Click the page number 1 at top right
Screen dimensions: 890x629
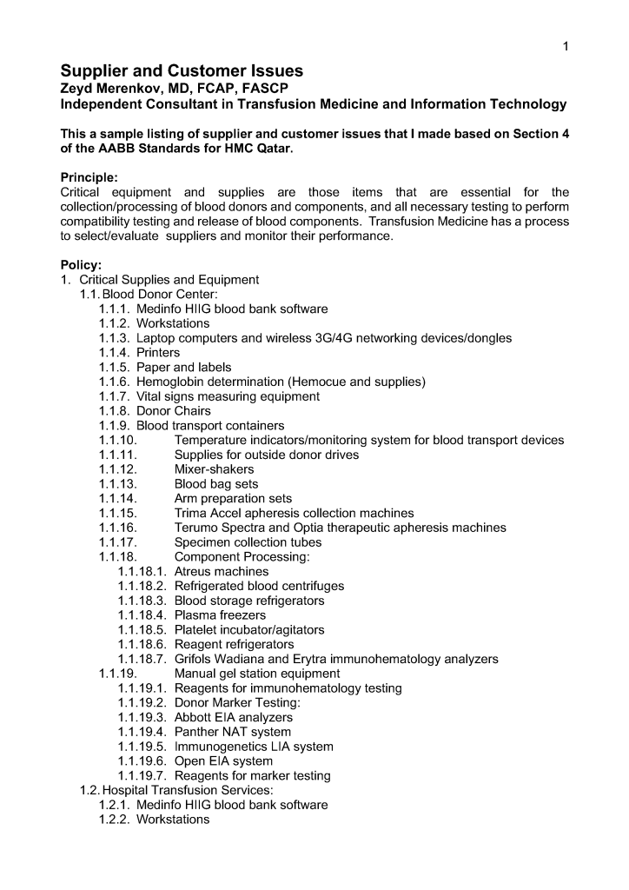pos(566,46)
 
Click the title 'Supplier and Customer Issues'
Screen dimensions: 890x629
pos(182,70)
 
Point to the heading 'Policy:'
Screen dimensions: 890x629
pos(81,264)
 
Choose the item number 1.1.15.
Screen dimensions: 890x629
pos(118,514)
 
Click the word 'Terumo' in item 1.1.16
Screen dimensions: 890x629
pos(196,528)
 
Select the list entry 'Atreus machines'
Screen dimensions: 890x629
pos(222,572)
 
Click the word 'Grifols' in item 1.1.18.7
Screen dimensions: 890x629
pos(195,660)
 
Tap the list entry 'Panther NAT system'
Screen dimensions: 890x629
pos(233,732)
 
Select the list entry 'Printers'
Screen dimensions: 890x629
pos(158,352)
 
